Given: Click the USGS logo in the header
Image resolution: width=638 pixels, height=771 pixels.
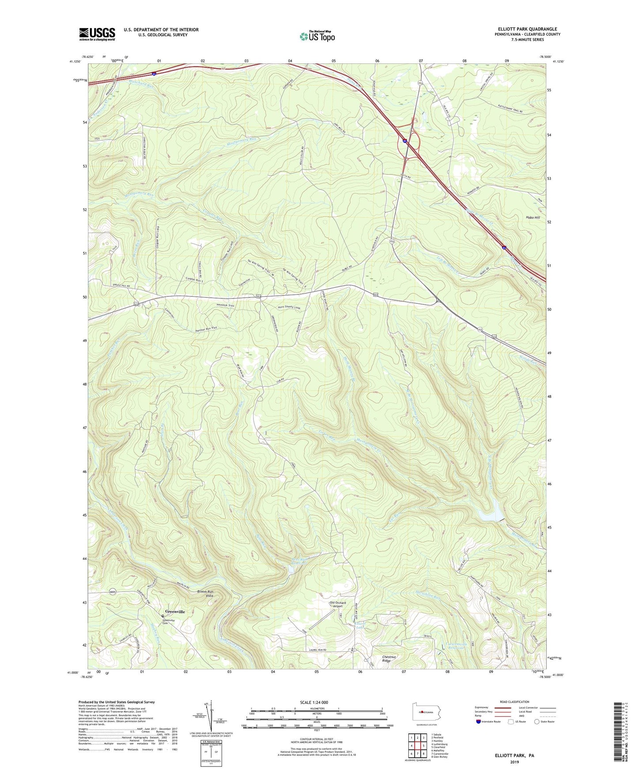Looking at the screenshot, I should [x=97, y=34].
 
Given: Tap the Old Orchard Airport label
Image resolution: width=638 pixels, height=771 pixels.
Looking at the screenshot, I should [x=338, y=605].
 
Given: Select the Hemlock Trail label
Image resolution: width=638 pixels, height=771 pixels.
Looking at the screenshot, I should [x=225, y=305].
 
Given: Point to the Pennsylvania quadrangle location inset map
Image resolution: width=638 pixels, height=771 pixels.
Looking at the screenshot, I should [x=426, y=713].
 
